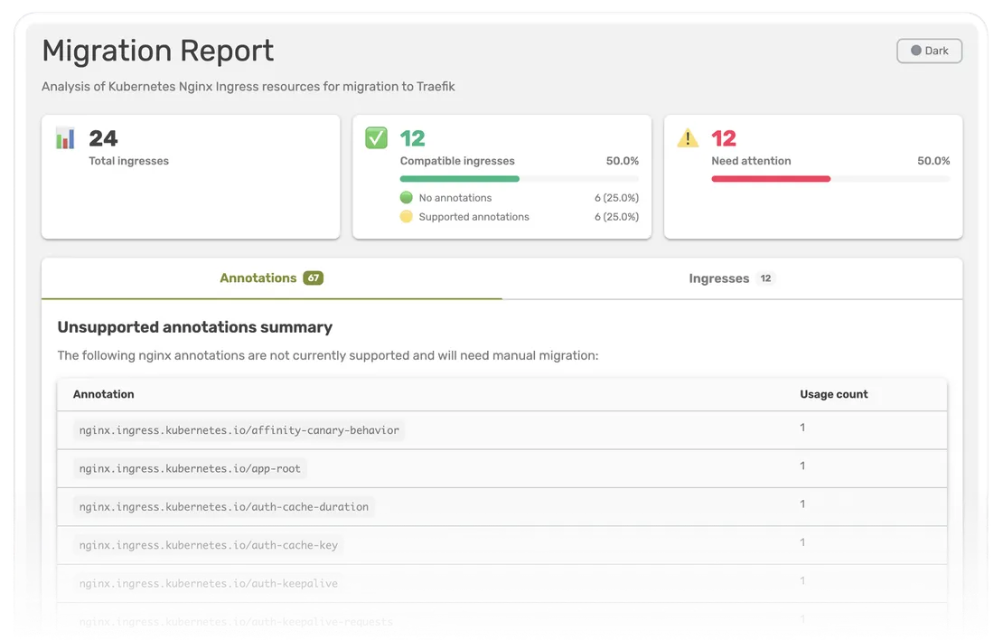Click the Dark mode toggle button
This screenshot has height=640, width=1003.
tap(929, 51)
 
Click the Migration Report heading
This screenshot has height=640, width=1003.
tap(157, 51)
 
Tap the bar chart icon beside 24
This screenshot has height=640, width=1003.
tap(65, 138)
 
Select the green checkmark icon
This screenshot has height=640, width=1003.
tap(376, 138)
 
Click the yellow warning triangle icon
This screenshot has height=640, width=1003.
tap(688, 138)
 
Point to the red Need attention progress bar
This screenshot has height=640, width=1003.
tap(771, 179)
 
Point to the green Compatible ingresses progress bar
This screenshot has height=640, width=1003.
tap(460, 179)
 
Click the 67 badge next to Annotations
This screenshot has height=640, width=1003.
tap(313, 278)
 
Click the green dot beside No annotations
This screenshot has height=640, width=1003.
tap(407, 198)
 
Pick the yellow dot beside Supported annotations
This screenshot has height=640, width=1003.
tap(407, 217)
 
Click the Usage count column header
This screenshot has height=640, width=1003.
tap(833, 394)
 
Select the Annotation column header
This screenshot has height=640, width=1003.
tap(104, 394)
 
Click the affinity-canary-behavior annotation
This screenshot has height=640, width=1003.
tap(239, 430)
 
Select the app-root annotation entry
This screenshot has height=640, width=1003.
tap(190, 468)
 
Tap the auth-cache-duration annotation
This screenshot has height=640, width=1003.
tap(223, 507)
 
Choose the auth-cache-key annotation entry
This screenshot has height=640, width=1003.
tap(209, 545)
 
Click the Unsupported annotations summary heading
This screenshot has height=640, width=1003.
tap(195, 327)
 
